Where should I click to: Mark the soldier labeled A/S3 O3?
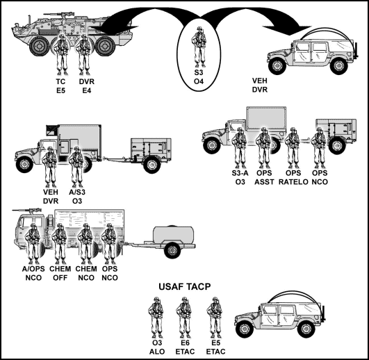pos(76,164)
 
